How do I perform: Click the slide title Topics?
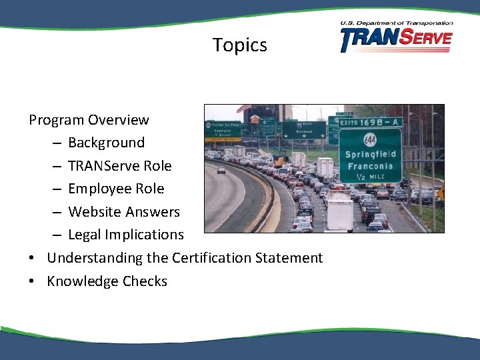[x=240, y=45]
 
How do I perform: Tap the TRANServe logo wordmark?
[x=396, y=40]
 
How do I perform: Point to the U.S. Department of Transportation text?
[x=396, y=23]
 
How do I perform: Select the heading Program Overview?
[x=89, y=120]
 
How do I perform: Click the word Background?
[x=106, y=143]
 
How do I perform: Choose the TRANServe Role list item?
[x=119, y=166]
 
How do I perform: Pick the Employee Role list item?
[x=116, y=189]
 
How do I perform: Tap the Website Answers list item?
[x=124, y=212]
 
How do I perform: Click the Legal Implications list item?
[x=125, y=235]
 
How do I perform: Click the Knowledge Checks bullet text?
[x=107, y=281]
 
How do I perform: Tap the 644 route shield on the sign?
[x=369, y=139]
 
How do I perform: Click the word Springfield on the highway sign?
[x=370, y=154]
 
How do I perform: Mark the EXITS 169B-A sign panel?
[x=370, y=121]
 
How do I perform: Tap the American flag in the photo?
[x=245, y=109]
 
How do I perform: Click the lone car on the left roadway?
[x=221, y=171]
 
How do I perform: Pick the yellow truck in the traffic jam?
[x=279, y=161]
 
